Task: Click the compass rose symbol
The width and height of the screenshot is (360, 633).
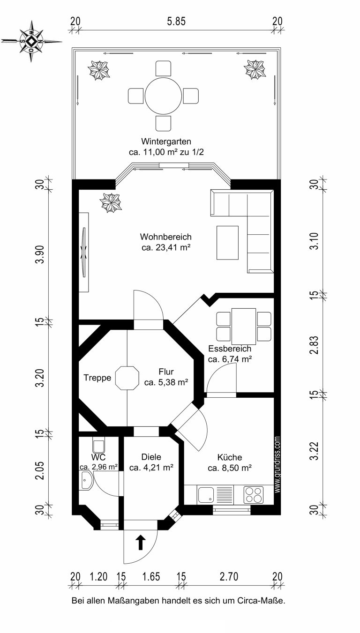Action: (x=31, y=41)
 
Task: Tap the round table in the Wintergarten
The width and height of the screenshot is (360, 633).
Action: (x=163, y=96)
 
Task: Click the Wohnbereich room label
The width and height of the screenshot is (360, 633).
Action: (x=166, y=237)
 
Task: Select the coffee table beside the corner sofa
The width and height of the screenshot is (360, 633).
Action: (x=227, y=242)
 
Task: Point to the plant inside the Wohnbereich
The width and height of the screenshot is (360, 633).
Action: (x=111, y=202)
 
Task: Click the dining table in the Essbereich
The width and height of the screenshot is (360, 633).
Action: (x=243, y=327)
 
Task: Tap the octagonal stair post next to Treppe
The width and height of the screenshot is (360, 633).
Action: (x=127, y=378)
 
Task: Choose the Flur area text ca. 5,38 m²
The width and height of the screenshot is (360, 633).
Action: (x=166, y=382)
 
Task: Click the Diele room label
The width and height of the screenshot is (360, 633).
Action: (x=151, y=457)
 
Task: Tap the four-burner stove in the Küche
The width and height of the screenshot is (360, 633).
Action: (x=254, y=495)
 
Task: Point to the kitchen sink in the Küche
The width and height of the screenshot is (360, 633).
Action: (x=206, y=495)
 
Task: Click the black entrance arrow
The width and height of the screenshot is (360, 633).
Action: (x=141, y=542)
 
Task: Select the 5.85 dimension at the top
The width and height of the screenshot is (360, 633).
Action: (x=176, y=22)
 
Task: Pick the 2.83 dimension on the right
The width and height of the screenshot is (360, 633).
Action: (x=314, y=345)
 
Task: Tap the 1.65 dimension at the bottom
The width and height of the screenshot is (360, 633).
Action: (x=151, y=576)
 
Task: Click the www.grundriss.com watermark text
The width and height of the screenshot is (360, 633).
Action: (x=277, y=465)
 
